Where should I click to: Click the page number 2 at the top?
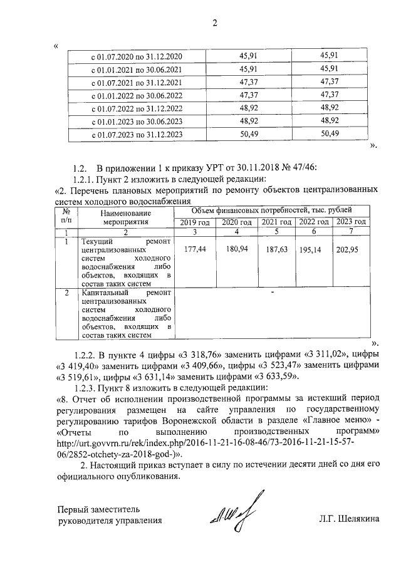pos(214,24)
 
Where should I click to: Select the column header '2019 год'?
pos(195,222)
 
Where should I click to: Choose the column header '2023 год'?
pos(351,222)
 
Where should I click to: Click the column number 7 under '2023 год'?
pos(351,232)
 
